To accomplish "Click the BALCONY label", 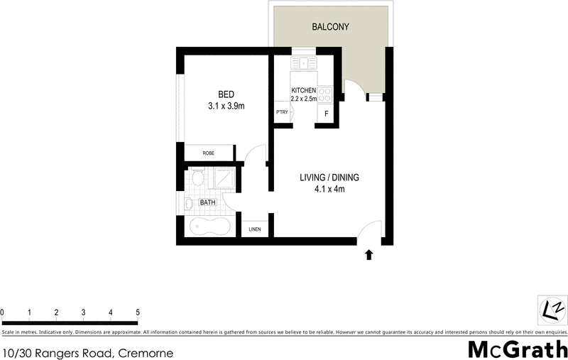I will click(331, 28).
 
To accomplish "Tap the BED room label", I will click(226, 94).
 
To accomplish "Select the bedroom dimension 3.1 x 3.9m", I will click(226, 107).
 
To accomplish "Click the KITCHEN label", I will click(303, 91).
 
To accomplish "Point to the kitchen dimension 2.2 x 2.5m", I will click(303, 99).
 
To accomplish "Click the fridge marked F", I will click(326, 114).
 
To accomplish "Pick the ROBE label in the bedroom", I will click(209, 153).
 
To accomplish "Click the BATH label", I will click(207, 202).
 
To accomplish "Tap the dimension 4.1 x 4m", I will click(329, 189).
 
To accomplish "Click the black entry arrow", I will click(368, 255).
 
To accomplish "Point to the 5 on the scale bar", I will click(138, 312).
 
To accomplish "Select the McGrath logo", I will click(518, 349).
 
